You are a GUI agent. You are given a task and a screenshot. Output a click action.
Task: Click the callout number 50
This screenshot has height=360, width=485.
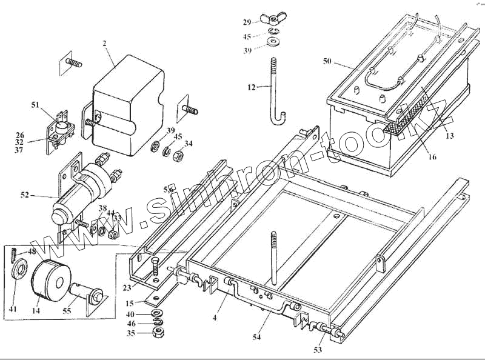point(327,62)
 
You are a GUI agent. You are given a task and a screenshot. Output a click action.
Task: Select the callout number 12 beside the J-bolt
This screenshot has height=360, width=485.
point(252,87)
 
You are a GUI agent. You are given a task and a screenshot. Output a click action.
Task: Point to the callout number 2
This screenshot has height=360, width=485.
point(104,44)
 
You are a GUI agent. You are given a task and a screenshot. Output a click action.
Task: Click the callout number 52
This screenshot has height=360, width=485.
point(24,195)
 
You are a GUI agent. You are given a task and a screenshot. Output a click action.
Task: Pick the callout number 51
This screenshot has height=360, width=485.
point(35,105)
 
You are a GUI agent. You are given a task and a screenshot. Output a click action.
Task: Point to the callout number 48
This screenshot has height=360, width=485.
point(32,252)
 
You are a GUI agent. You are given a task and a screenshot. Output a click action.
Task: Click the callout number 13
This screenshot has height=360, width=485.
point(449,136)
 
